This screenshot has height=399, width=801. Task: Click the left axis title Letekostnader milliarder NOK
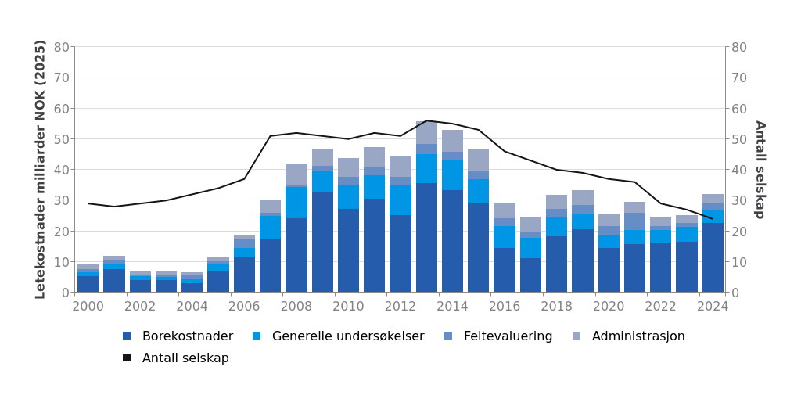41,169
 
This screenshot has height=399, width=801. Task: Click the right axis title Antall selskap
760,169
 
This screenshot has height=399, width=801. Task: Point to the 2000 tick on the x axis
88,307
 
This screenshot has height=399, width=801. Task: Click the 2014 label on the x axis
452,307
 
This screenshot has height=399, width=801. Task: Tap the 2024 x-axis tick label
713,307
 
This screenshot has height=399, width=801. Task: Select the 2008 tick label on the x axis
296,307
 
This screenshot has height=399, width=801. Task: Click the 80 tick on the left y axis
62,47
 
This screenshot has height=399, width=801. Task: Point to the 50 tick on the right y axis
738,139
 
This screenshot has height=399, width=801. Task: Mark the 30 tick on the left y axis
62,200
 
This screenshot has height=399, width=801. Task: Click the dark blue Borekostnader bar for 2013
426,238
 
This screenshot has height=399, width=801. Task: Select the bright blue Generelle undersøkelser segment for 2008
296,203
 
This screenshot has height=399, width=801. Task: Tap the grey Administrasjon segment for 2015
479,160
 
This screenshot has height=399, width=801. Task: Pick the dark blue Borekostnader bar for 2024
713,257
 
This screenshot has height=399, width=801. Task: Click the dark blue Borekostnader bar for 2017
530,275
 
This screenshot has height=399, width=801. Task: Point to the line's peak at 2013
426,120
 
